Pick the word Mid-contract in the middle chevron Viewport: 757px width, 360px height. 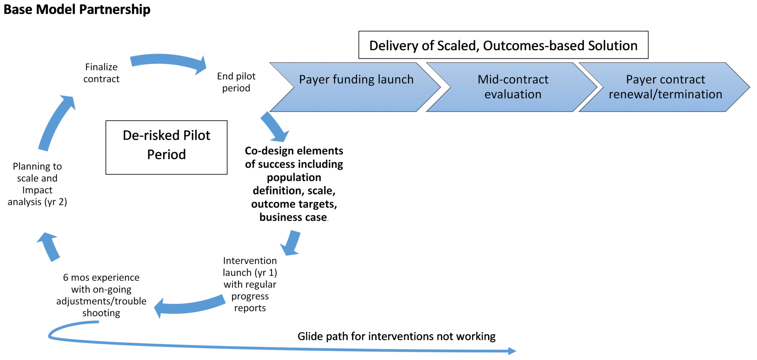(x=513, y=79)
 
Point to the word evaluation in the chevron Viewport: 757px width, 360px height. (x=513, y=94)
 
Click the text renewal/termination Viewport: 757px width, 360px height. (x=665, y=94)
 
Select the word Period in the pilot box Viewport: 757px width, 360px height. (x=166, y=154)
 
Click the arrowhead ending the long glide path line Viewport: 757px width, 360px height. (x=512, y=351)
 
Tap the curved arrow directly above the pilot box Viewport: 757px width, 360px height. (x=168, y=62)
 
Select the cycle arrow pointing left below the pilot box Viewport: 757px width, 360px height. (x=190, y=305)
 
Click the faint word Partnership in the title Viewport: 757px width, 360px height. (x=115, y=9)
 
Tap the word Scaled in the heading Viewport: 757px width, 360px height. (x=458, y=45)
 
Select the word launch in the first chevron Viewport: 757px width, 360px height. (x=395, y=79)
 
